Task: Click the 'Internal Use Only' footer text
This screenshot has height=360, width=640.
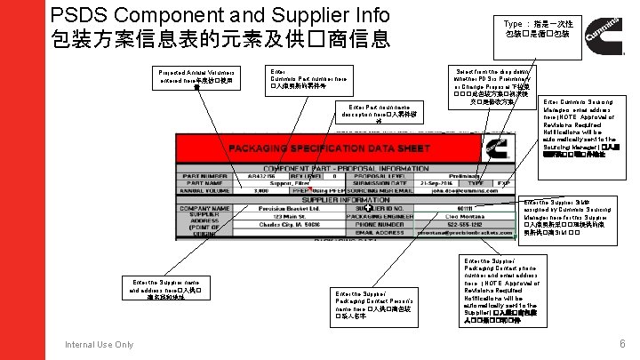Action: [x=100, y=345]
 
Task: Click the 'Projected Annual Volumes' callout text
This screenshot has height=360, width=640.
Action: [x=197, y=77]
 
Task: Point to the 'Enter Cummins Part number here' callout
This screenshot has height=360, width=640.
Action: [x=302, y=80]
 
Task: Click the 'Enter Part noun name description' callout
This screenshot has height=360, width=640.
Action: [x=385, y=114]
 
